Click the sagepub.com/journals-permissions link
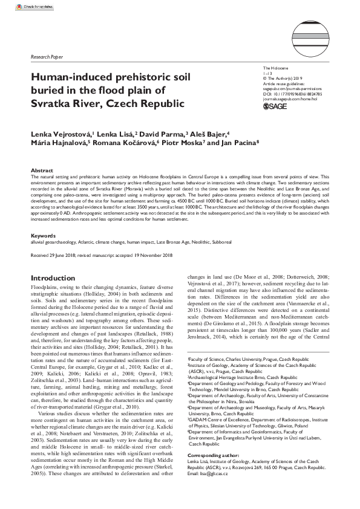coord(296,88)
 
